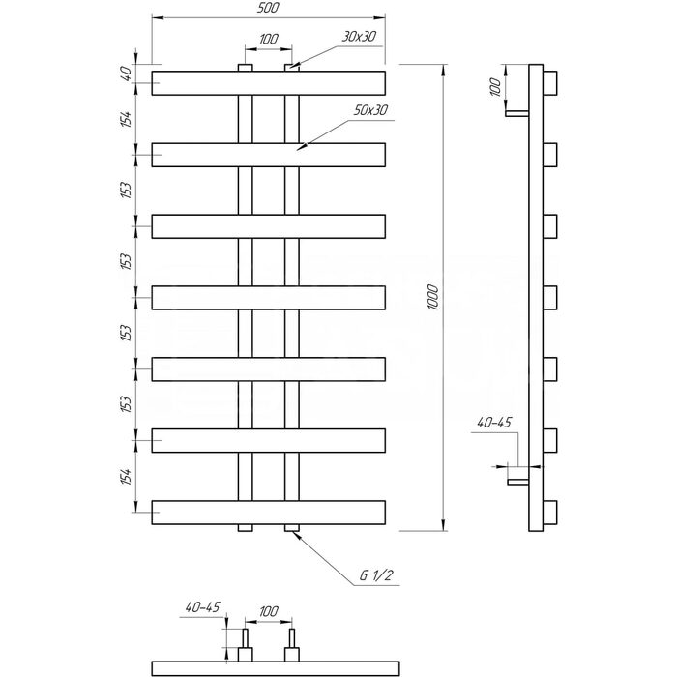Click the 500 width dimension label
tap(268, 8)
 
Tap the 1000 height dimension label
tap(433, 297)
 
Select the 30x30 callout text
tap(359, 37)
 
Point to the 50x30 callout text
tap(370, 110)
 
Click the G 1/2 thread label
tap(376, 575)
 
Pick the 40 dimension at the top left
tap(126, 74)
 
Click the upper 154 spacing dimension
tap(126, 119)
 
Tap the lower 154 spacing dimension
tap(126, 476)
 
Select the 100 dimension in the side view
tap(495, 87)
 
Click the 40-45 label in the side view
tap(494, 422)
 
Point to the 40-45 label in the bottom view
tap(202, 607)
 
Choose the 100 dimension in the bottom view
tap(269, 611)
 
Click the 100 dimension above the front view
tap(269, 39)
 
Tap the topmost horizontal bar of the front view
tap(268, 83)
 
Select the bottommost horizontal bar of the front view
tap(268, 513)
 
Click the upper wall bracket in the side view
tap(516, 113)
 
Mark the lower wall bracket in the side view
tap(518, 482)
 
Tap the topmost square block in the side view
tap(550, 83)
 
